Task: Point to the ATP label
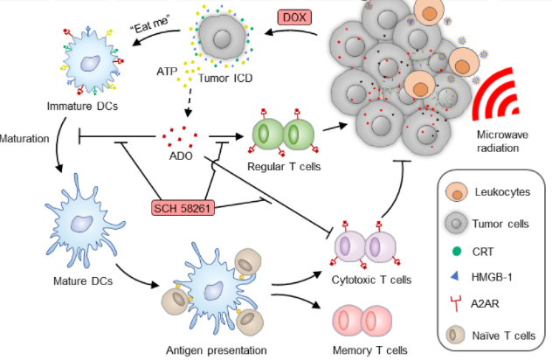pyautogui.click(x=168, y=67)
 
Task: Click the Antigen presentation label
pyautogui.click(x=216, y=350)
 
